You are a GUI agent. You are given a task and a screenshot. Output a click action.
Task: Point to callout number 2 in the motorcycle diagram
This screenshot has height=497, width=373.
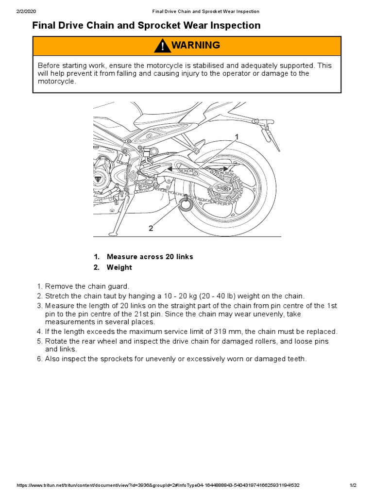pos(151,228)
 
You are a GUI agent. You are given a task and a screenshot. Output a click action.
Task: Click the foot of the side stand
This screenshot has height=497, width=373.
pos(113,234)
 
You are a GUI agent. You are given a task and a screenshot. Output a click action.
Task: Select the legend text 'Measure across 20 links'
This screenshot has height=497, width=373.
pos(150,257)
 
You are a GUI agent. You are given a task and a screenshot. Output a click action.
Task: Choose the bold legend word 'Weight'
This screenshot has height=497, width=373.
pos(119,267)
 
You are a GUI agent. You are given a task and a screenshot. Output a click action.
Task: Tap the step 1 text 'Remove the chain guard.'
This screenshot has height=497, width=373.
pos(87,287)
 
